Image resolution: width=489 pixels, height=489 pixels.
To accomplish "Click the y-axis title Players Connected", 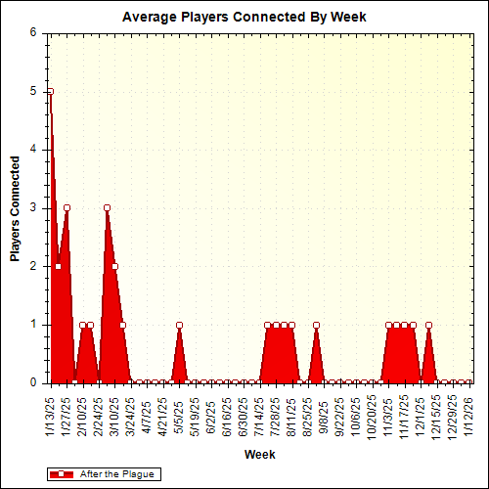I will click(x=16, y=207).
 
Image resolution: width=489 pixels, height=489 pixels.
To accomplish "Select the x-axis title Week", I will click(x=259, y=455).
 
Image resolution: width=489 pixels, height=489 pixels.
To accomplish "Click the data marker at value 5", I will click(x=50, y=91).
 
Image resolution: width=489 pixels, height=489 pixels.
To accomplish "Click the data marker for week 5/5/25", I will click(x=179, y=325).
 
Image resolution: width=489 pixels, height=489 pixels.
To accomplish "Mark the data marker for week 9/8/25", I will click(x=316, y=325).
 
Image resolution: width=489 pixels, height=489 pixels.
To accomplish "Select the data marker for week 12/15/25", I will click(x=428, y=325).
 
